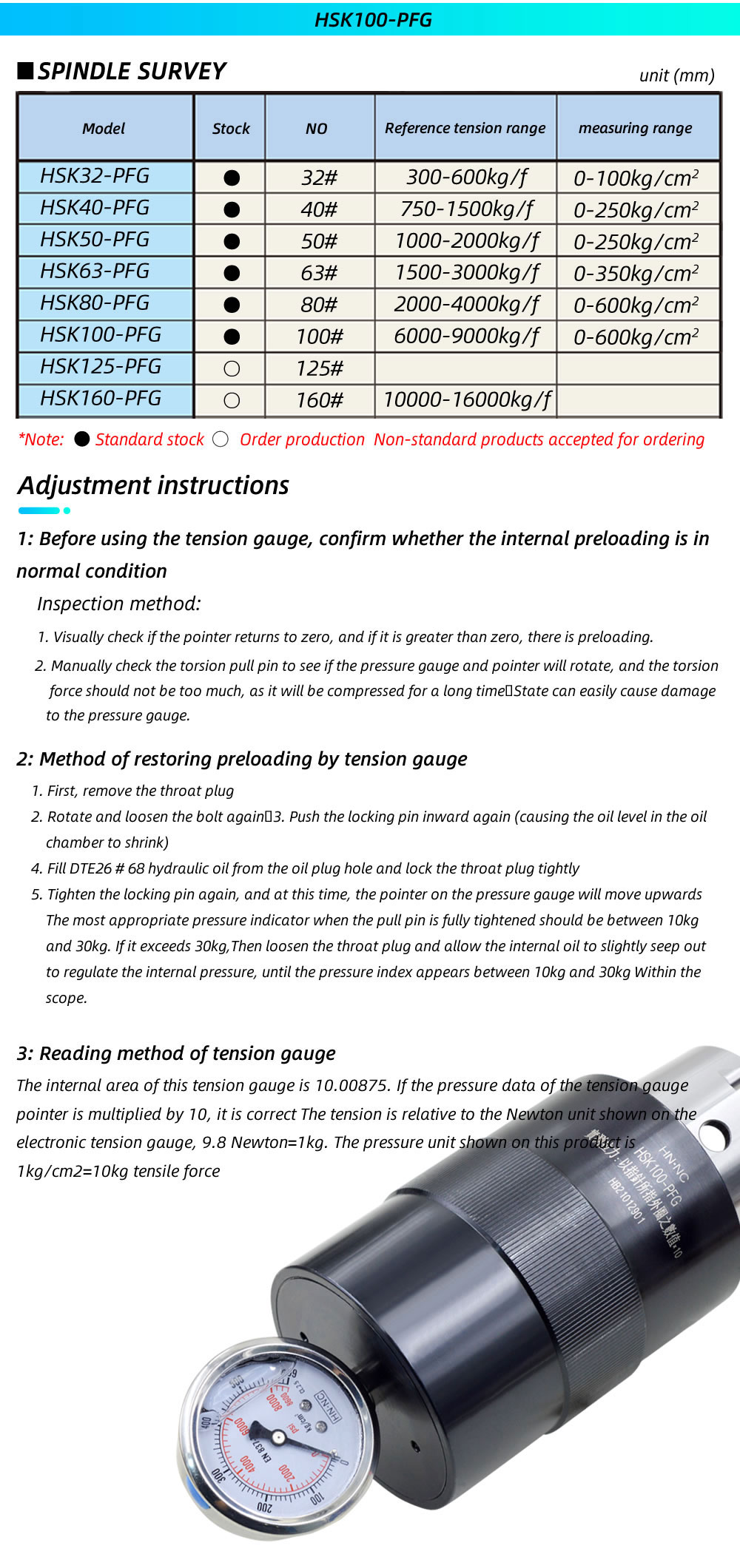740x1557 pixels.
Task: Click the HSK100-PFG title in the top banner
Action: [x=373, y=19]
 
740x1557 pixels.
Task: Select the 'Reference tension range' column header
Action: [x=465, y=128]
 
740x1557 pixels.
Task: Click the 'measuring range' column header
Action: [x=635, y=128]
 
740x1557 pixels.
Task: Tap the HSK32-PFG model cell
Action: [x=95, y=176]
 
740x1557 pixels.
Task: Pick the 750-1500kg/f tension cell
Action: [x=466, y=209]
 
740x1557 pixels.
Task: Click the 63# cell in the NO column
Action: [x=319, y=273]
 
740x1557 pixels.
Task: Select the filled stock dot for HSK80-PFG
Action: [x=232, y=305]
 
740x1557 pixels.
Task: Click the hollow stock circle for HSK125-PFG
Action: [x=232, y=368]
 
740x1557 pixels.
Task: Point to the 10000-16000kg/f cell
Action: [x=466, y=400]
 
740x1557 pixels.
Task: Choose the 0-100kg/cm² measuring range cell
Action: [x=636, y=178]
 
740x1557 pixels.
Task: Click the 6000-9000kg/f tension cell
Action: [x=466, y=337]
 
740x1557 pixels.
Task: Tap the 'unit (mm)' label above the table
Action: [x=676, y=75]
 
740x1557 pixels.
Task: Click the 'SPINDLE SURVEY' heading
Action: [x=131, y=71]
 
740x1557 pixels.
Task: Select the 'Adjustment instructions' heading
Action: [x=153, y=485]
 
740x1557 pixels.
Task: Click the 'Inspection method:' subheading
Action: [x=118, y=604]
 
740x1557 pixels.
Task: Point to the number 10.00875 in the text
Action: [x=351, y=1085]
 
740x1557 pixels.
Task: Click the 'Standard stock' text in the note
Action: [x=149, y=439]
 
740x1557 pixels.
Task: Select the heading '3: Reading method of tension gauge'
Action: [x=176, y=1053]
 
